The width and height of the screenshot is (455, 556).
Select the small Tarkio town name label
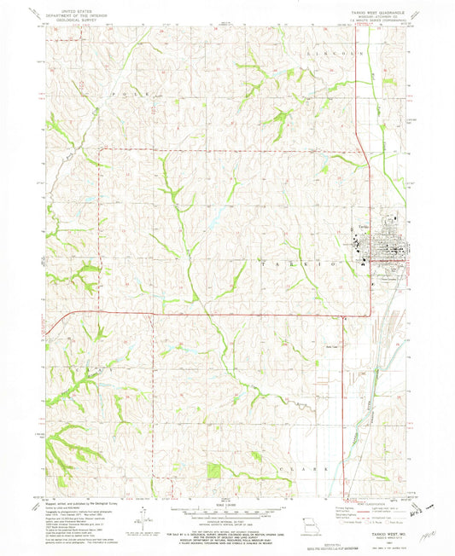[x=362, y=226]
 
